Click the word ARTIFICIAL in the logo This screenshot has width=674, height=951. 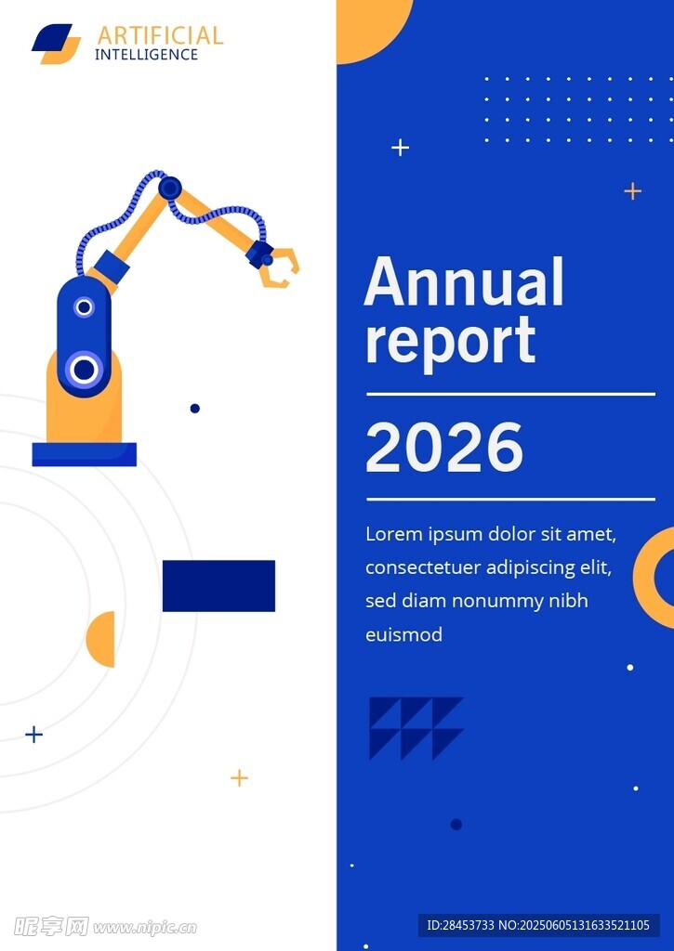(160, 36)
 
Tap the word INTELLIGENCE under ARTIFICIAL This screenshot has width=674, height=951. (146, 55)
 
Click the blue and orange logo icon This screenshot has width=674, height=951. (57, 44)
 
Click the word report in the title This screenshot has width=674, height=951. (450, 342)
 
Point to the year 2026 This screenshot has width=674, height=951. (443, 447)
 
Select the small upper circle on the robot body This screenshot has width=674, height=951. (85, 306)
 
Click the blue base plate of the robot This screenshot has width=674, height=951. (85, 454)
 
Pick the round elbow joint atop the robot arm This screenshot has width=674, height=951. (170, 188)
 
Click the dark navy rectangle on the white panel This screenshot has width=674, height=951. (218, 586)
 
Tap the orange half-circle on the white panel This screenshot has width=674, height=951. (102, 639)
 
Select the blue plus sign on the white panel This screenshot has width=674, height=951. (34, 735)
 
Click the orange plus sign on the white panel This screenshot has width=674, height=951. (239, 777)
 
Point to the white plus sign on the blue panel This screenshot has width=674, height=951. (400, 148)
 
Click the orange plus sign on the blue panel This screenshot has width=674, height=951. (633, 191)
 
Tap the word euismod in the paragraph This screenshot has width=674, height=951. (403, 634)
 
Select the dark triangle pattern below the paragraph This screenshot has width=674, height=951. (416, 728)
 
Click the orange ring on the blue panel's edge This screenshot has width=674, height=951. (643, 578)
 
